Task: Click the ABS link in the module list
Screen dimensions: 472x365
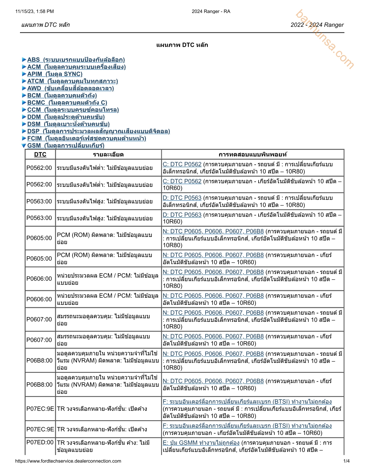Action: [76, 60]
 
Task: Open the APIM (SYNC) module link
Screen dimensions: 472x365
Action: [55, 74]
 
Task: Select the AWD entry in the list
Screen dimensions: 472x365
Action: [70, 88]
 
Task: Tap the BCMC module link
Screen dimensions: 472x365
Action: [67, 103]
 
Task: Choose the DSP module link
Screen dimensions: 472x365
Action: [98, 131]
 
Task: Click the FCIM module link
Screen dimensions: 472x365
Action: [86, 139]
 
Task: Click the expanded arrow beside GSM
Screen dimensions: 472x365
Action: [24, 146]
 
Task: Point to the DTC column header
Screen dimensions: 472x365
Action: [40, 154]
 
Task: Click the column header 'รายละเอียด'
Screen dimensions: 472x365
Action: [108, 154]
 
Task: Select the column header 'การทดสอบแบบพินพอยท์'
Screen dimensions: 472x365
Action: [253, 154]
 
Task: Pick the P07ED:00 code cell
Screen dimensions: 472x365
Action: [40, 442]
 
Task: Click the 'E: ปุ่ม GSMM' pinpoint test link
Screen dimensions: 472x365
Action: [201, 443]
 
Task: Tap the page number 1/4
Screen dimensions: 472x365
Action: [347, 461]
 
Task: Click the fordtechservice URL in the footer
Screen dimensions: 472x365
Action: [68, 461]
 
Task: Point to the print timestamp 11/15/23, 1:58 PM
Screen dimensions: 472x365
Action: [35, 11]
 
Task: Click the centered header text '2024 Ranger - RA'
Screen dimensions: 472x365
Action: [211, 11]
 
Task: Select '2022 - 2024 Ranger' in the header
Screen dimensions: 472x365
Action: [317, 25]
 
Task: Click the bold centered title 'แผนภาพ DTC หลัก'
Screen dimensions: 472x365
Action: [182, 45]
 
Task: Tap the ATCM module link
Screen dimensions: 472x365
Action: [72, 81]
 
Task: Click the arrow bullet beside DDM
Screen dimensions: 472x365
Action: [24, 117]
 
